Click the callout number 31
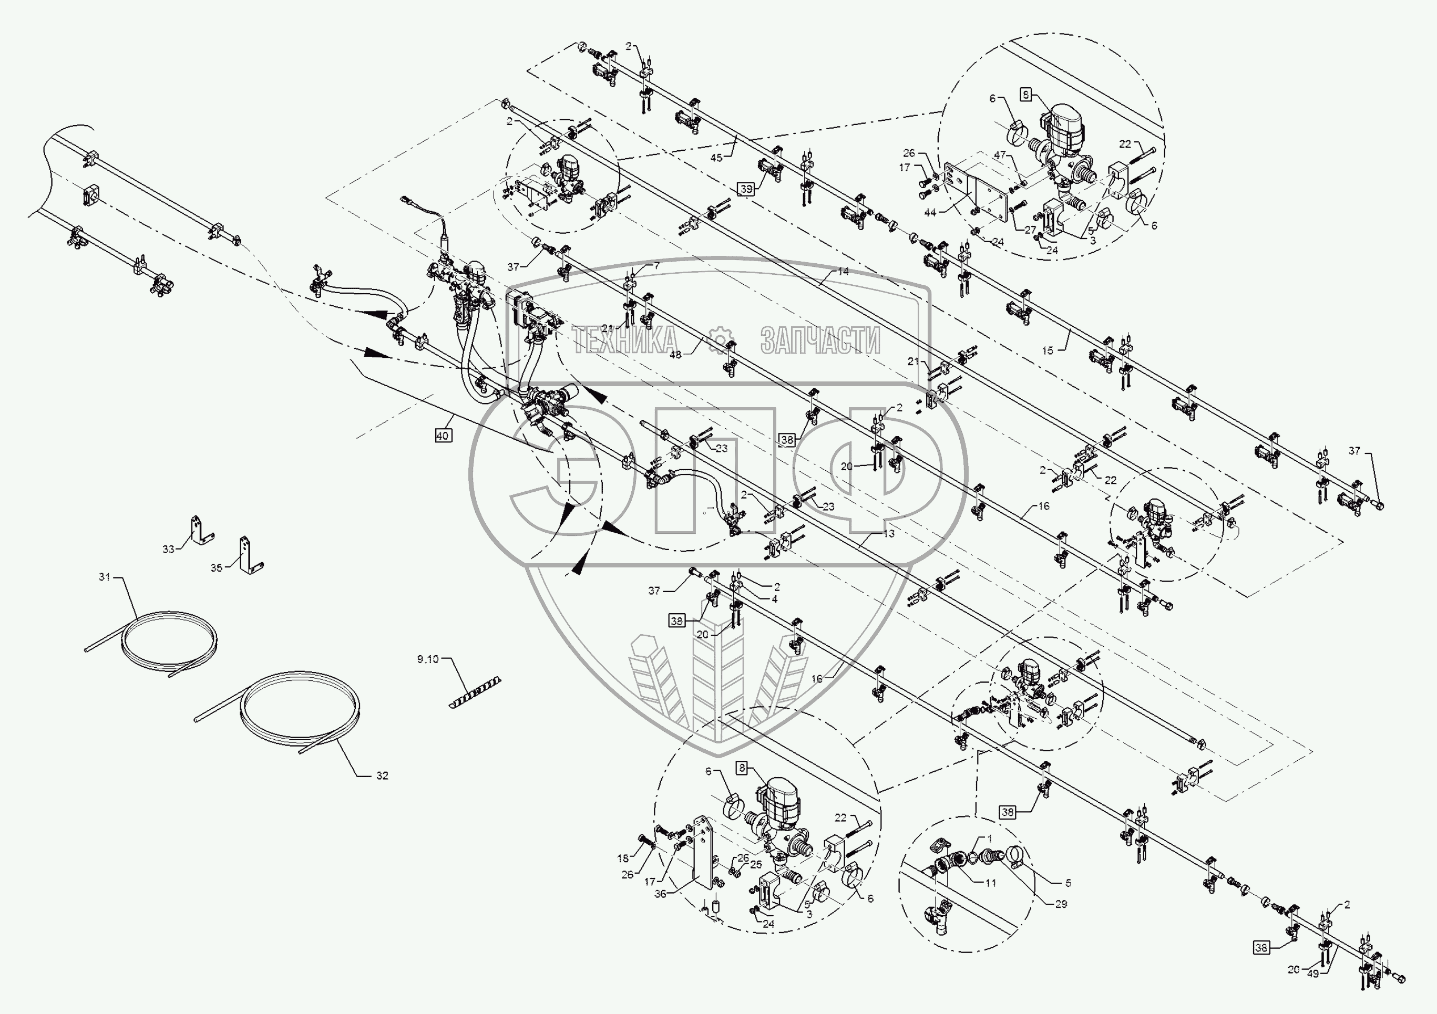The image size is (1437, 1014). [104, 577]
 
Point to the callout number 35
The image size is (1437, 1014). [216, 568]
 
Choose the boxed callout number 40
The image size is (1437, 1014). [443, 436]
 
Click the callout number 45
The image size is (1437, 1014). [716, 158]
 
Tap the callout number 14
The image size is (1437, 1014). [843, 272]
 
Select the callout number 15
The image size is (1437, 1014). [1048, 351]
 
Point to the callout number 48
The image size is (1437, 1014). [675, 354]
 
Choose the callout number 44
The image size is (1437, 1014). [930, 213]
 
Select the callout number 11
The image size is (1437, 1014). [990, 883]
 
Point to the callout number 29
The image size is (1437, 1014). [1061, 904]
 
